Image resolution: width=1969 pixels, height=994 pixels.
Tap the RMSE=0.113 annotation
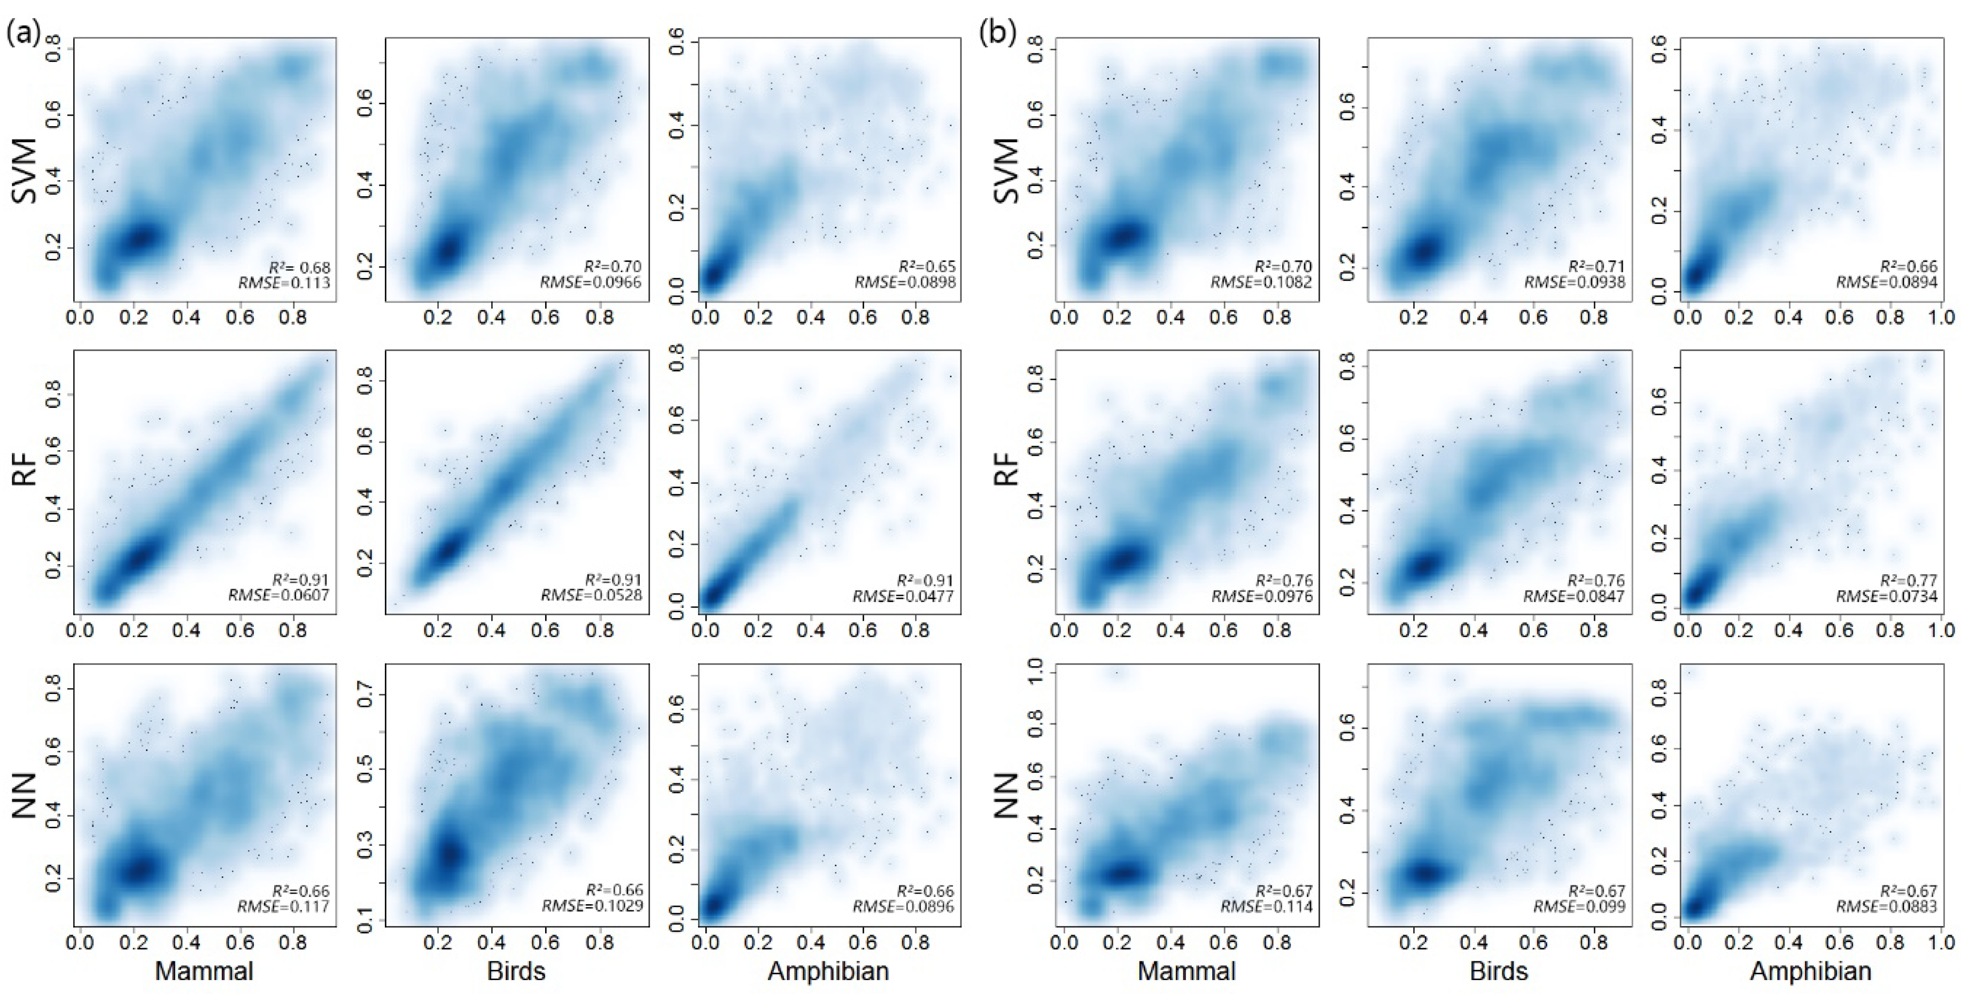tap(284, 283)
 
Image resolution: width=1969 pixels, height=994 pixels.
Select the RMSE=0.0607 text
tap(278, 596)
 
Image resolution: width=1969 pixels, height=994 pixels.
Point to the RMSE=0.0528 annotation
tap(592, 596)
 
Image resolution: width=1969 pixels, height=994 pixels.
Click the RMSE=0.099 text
tap(1580, 907)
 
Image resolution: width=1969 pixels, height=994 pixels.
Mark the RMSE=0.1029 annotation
tap(592, 907)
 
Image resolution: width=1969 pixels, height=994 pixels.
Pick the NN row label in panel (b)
tap(1009, 795)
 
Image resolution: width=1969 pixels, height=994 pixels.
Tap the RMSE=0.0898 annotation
tap(905, 283)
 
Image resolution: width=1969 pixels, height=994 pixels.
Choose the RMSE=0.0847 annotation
tap(1575, 596)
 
